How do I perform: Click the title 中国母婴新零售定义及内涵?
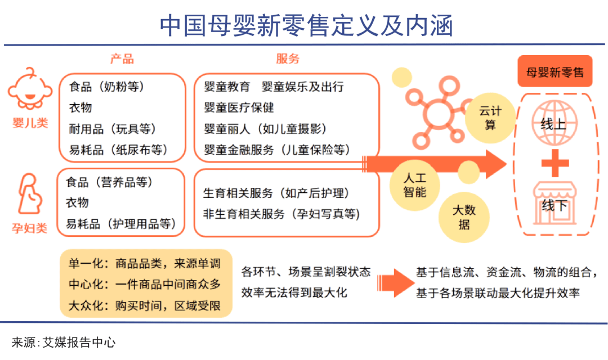(306, 25)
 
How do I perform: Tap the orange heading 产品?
(122, 59)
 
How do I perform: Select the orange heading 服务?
(288, 59)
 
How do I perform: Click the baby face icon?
(30, 89)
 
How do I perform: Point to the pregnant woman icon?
(30, 193)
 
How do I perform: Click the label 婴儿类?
(30, 123)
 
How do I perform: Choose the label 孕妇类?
(29, 228)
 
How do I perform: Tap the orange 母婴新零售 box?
(555, 71)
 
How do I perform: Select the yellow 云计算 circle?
(490, 118)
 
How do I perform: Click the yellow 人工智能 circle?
(415, 185)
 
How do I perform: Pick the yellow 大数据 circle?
(464, 217)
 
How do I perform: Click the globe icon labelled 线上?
(555, 123)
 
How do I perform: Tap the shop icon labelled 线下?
(555, 204)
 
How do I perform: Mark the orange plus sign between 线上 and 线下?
(555, 163)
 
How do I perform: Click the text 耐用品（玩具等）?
(113, 129)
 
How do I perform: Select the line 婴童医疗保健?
(239, 107)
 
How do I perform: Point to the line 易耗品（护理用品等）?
(121, 224)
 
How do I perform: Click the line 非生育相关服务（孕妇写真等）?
(281, 214)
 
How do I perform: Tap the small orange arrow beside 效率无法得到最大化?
(396, 283)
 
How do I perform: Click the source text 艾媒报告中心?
(79, 343)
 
